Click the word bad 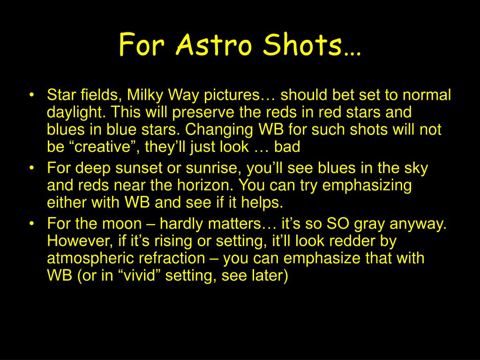287,147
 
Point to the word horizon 205,186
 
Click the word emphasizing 367,186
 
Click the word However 81,241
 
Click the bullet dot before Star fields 31,95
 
